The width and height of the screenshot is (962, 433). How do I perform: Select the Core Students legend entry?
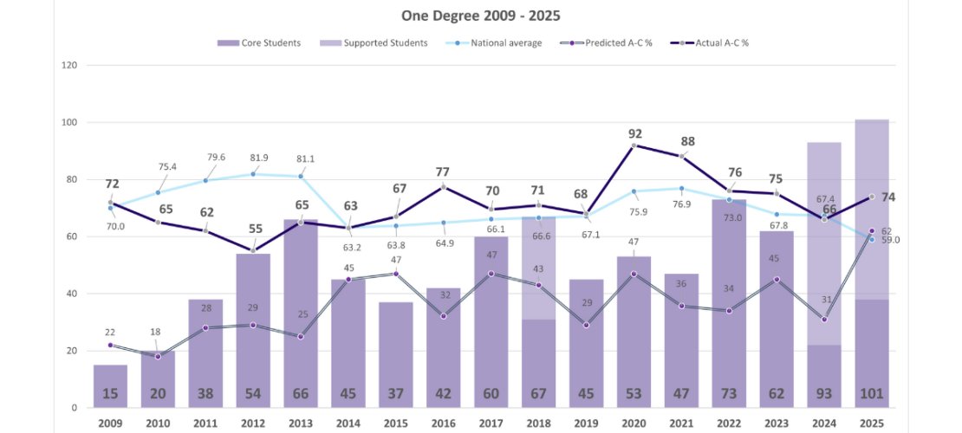click(259, 42)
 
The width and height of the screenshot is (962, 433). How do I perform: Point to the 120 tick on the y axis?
click(69, 66)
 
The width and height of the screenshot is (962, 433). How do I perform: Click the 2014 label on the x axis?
click(348, 422)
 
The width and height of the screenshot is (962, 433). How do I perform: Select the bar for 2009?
click(110, 381)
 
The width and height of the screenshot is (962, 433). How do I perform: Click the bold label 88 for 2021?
click(688, 141)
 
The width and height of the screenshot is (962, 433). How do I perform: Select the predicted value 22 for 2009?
click(109, 333)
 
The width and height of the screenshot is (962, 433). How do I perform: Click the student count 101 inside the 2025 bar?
click(871, 394)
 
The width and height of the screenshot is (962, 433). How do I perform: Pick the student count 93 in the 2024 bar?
click(823, 394)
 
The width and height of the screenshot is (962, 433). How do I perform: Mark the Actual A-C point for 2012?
click(253, 250)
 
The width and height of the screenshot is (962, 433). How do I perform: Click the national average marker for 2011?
click(205, 180)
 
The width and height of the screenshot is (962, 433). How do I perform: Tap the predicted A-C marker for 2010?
click(158, 356)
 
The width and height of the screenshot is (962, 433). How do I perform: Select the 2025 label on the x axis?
click(871, 422)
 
